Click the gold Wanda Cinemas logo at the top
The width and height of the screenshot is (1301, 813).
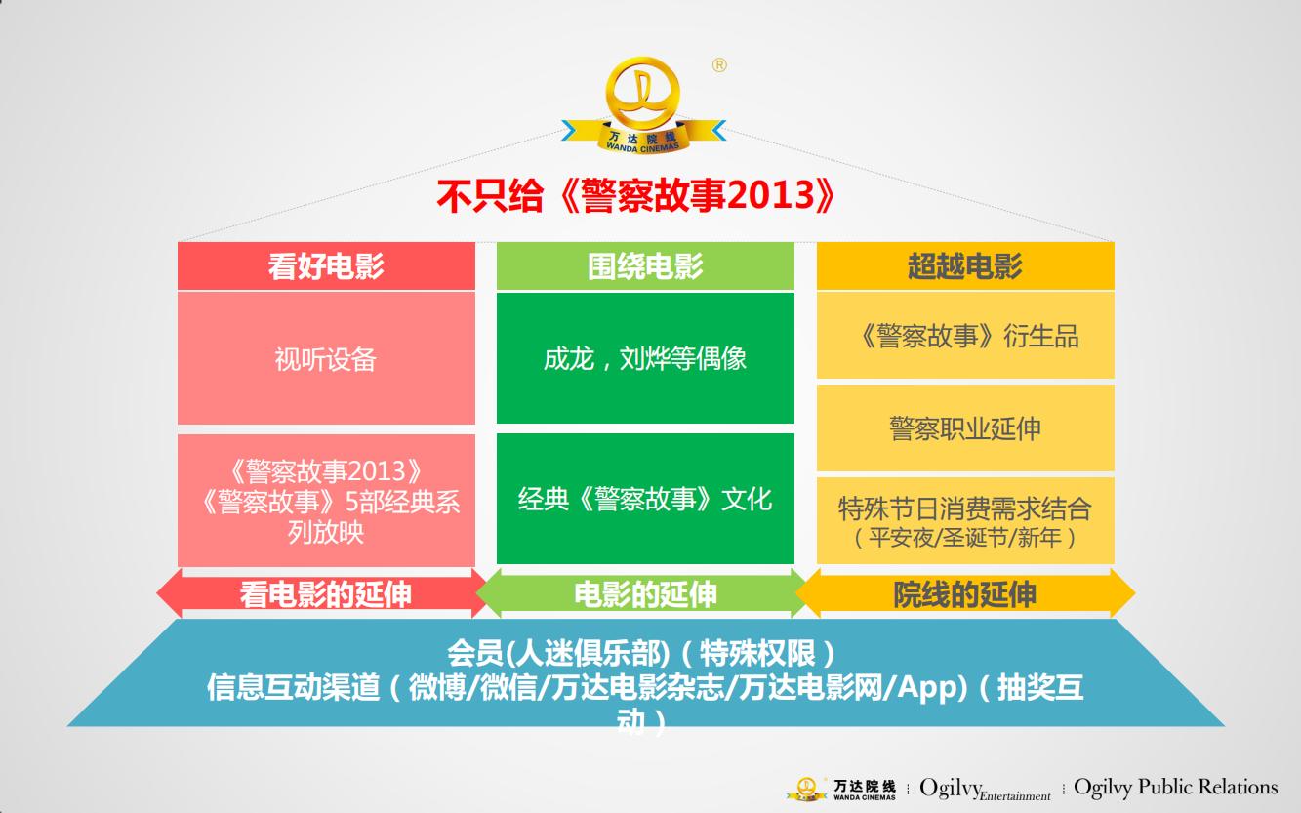[644, 105]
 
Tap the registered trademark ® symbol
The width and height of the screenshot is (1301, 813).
[719, 65]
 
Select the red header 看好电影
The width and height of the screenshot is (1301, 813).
[326, 266]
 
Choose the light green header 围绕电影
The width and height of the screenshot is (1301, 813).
[645, 266]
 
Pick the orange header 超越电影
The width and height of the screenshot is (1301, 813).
[964, 266]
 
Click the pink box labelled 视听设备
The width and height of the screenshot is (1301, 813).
[326, 359]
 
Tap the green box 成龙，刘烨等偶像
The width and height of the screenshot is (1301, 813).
[645, 358]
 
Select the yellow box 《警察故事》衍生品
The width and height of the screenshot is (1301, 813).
[964, 336]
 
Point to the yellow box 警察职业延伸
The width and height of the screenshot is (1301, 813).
[964, 428]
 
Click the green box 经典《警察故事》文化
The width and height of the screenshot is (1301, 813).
[645, 499]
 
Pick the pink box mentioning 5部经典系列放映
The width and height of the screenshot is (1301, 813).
[326, 502]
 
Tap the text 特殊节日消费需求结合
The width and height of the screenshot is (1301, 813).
[964, 508]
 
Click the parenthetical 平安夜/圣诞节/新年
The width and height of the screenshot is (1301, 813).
[964, 538]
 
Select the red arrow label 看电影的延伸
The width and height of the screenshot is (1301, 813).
[326, 594]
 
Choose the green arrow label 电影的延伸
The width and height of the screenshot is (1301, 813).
[645, 594]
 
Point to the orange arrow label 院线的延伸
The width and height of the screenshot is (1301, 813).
[964, 594]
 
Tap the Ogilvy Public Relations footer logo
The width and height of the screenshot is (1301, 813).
[1175, 787]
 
